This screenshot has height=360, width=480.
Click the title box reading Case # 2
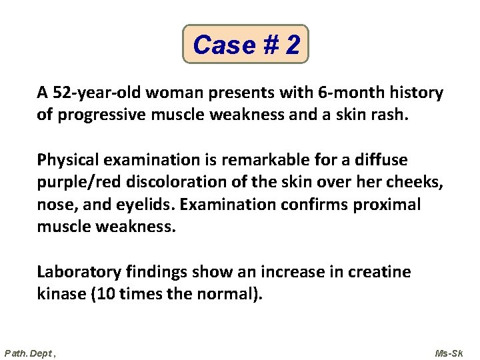coord(246,45)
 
